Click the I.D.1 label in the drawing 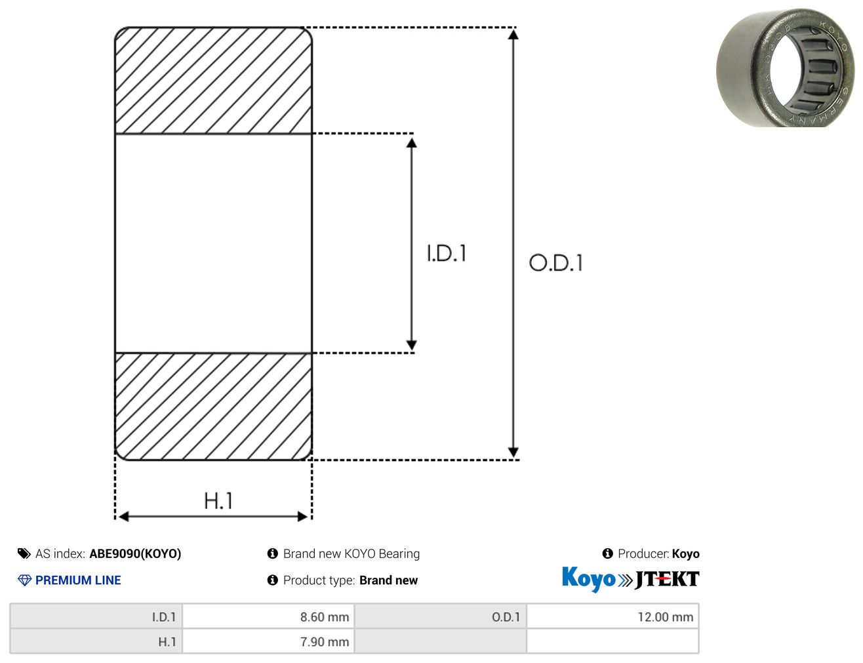(x=447, y=253)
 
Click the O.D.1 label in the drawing (x=556, y=263)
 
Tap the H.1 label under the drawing (x=218, y=500)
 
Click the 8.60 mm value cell (x=268, y=617)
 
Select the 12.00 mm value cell (x=612, y=617)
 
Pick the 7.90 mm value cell (x=268, y=641)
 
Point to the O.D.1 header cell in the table (x=441, y=617)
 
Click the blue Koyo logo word (x=589, y=579)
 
